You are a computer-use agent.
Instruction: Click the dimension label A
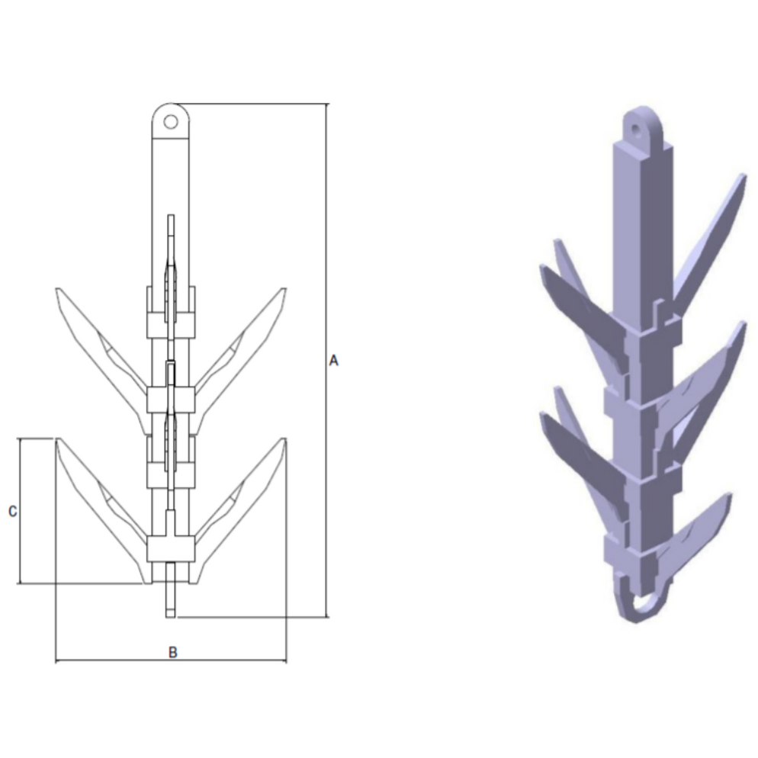coord(332,360)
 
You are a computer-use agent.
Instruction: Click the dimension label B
coord(172,652)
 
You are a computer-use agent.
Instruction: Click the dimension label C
coord(12,512)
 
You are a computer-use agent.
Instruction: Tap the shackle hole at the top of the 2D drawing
coord(171,120)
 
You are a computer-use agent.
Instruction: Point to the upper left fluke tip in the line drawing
coord(57,290)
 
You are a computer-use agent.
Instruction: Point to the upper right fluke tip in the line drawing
coord(284,290)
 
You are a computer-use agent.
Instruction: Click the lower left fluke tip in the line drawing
coord(57,440)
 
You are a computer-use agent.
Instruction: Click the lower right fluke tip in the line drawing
coord(284,440)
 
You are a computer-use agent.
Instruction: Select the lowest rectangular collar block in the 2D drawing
coord(171,547)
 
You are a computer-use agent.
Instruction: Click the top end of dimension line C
coord(18,440)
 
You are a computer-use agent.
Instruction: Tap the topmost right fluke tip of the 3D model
coord(741,179)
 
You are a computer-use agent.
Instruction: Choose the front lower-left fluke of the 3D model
coord(580,446)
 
